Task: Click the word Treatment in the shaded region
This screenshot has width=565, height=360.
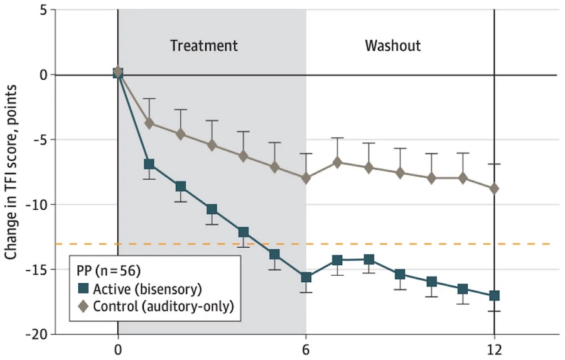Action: point(204,46)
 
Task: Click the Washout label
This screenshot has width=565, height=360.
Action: point(393,46)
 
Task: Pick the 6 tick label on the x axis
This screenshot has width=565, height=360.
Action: point(306,349)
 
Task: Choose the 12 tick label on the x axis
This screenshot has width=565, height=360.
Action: point(494,349)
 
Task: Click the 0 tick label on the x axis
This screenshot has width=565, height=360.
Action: point(118,349)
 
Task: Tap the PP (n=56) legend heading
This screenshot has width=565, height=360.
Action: point(105,273)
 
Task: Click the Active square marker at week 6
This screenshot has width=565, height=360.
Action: point(306,278)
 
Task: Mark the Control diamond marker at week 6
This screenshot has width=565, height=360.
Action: point(306,178)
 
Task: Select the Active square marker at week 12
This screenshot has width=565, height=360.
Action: point(494,296)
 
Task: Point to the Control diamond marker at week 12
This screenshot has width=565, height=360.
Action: point(494,188)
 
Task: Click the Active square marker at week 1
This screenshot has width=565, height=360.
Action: point(149,165)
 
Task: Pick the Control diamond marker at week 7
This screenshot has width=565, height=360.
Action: point(337,162)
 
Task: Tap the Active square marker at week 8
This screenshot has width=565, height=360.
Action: point(369,259)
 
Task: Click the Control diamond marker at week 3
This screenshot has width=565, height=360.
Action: point(212,145)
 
